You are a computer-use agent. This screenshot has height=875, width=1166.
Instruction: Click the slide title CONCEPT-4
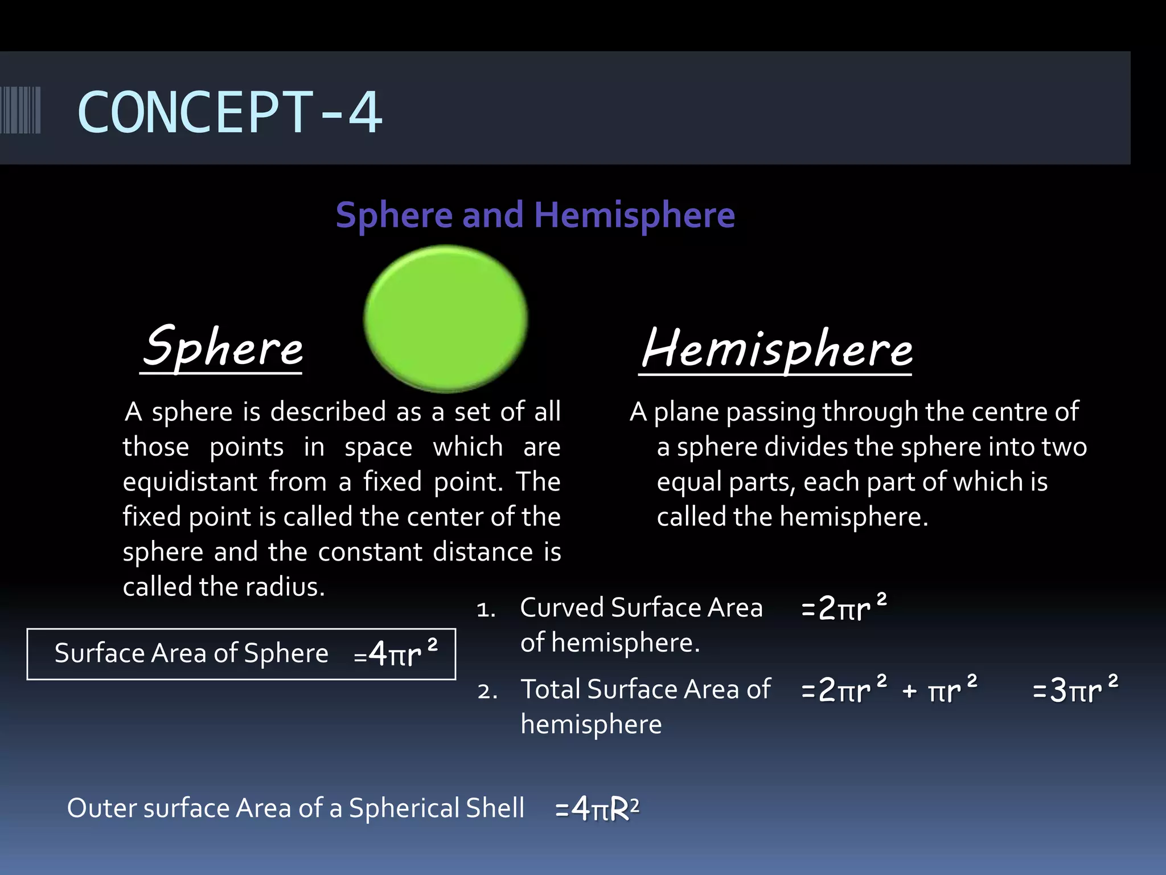pos(229,112)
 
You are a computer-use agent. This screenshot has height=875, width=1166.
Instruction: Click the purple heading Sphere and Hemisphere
pos(535,215)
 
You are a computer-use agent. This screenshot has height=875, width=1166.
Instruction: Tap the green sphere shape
pos(445,318)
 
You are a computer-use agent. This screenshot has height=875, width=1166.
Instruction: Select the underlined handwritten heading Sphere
pos(223,347)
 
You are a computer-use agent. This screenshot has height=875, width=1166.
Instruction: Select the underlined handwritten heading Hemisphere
pos(777,348)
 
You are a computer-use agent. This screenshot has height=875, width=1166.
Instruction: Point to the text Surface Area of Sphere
pos(191,653)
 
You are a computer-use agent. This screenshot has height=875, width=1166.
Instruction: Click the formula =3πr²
pos(1075,690)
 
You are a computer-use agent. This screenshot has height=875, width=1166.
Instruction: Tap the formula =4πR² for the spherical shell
pos(597,808)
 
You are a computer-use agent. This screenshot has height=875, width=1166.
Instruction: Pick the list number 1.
pos(486,610)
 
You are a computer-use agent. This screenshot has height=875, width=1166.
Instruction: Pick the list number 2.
pos(487,692)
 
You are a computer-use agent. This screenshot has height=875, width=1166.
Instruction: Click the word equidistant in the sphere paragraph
pos(190,482)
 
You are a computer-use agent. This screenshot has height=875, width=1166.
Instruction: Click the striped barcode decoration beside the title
pos(20,110)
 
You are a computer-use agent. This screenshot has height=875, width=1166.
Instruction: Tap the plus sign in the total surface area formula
pos(910,691)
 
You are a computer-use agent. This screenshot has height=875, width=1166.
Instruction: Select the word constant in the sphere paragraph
pos(370,552)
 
